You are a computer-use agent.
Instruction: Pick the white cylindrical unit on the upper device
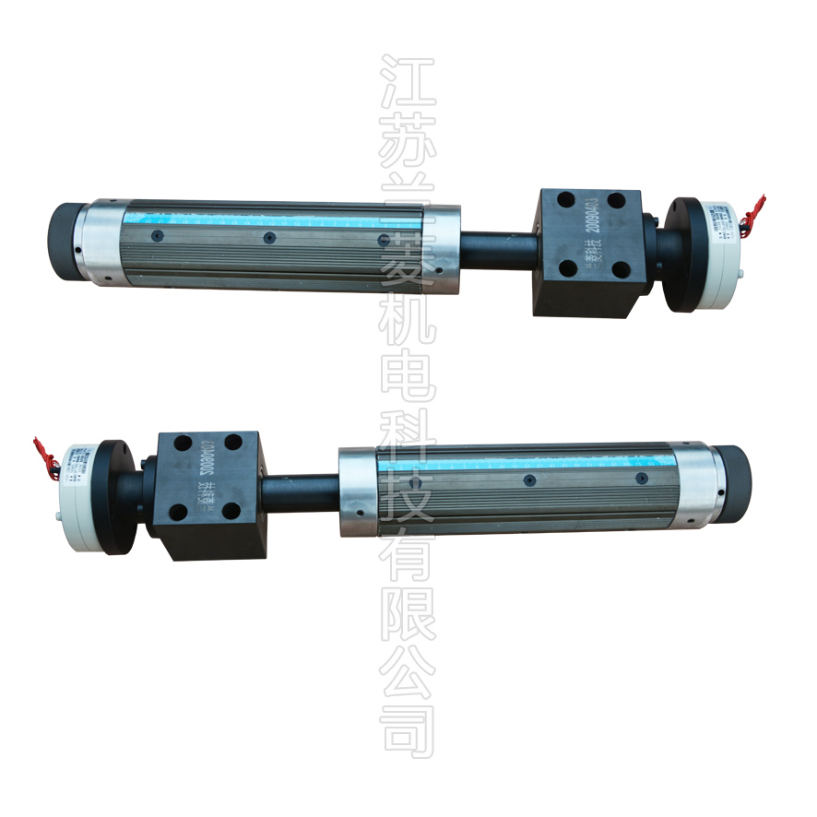[725, 243]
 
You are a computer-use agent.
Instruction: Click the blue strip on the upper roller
[277, 219]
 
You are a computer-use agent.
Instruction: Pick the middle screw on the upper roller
[269, 238]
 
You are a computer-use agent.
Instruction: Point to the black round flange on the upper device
[678, 253]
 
